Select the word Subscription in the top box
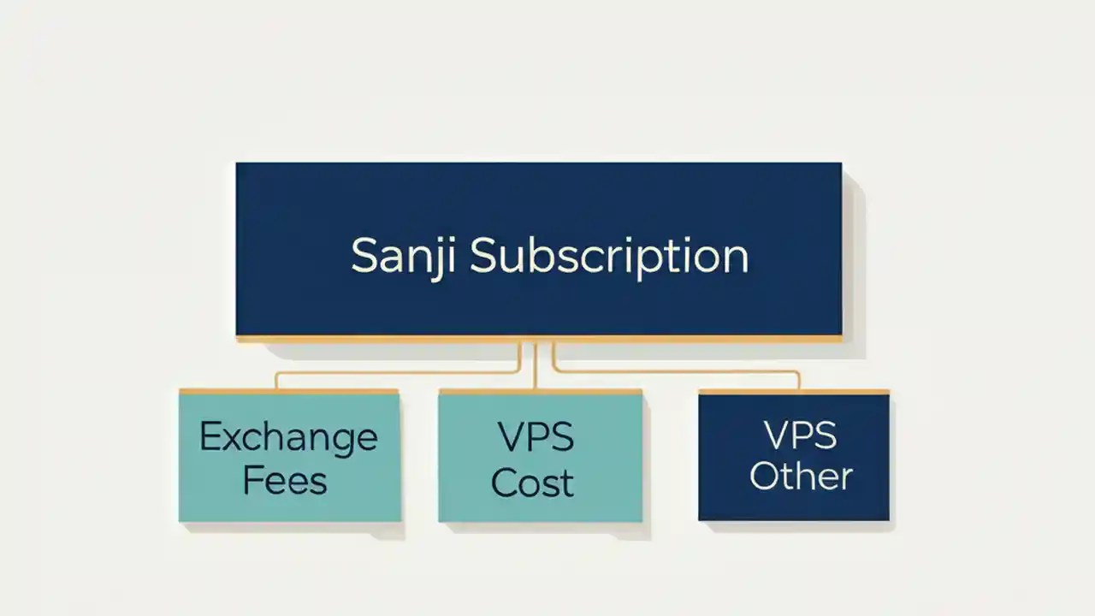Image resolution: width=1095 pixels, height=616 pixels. (x=609, y=256)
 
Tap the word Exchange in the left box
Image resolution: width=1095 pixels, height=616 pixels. (x=288, y=437)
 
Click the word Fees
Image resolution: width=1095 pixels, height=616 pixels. (x=285, y=480)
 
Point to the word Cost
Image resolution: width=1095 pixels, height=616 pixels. (x=532, y=483)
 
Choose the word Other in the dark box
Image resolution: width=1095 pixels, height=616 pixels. (x=801, y=477)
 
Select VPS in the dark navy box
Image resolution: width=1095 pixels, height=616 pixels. (x=800, y=435)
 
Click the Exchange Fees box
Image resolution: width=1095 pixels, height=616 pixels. (x=289, y=505)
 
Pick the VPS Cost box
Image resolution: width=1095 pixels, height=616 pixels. (x=540, y=507)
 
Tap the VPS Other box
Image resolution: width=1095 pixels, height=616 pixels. (x=794, y=505)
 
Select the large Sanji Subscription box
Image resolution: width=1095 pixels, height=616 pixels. (x=539, y=197)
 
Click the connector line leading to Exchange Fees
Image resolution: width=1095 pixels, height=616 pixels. (x=394, y=373)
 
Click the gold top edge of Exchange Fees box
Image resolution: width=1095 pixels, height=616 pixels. (x=289, y=391)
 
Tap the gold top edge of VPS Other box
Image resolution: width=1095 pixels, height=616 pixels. (x=794, y=392)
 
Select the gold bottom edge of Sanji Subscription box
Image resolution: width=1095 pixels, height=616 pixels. (x=539, y=339)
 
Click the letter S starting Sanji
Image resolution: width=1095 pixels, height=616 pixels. (x=364, y=256)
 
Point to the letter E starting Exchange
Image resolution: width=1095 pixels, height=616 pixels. (x=209, y=437)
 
